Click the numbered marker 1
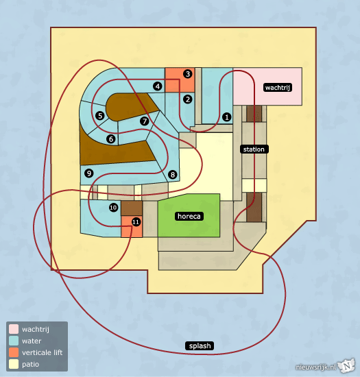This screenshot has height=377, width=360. pos(226,117)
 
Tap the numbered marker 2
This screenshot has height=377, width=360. pos(188,99)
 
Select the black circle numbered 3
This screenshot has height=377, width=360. pos(188,74)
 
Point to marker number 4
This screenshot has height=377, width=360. pos(158,86)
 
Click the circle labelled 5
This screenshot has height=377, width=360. pos(100,116)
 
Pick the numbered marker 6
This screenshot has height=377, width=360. pos(111,138)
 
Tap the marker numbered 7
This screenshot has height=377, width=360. pos(144,121)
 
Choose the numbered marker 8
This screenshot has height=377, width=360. pos(172,175)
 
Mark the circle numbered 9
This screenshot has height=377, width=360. pos(89,173)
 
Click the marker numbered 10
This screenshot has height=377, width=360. pos(114,208)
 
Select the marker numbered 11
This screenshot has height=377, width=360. pos(136,221)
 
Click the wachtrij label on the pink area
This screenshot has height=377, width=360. pos(278,87)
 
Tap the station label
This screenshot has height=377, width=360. pos(254,149)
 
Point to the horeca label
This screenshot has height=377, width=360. pos(189,216)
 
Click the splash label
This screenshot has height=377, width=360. pos(200,345)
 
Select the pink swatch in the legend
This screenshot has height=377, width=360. pos(14,329)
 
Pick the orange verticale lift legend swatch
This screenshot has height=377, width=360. pos(14,352)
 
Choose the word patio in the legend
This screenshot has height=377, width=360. pos(31,365)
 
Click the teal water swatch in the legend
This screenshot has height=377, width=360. pos(14,341)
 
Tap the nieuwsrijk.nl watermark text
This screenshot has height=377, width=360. pos(315,367)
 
